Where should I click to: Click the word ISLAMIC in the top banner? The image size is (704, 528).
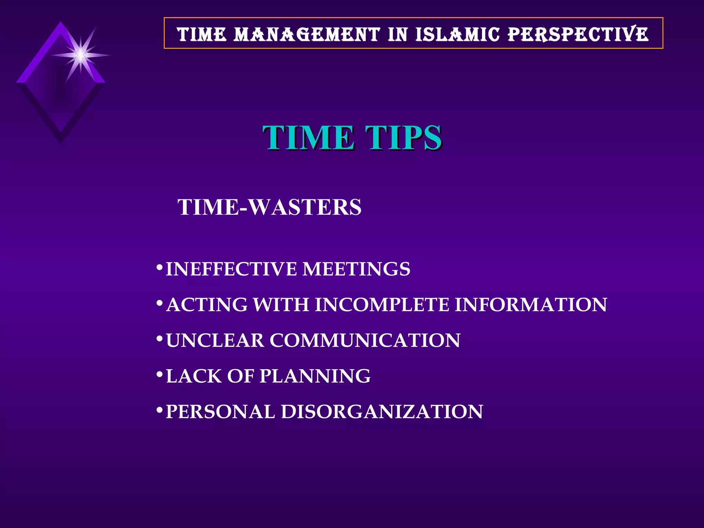coord(457,34)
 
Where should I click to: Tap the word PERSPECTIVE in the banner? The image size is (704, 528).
coord(578,34)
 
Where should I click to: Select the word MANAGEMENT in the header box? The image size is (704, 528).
coord(307,35)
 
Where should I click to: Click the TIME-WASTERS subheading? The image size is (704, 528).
coord(269,207)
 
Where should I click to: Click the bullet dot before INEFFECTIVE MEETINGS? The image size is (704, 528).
coord(159,267)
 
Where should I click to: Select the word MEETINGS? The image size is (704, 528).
coord(356,269)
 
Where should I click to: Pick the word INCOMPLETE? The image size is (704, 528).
coord(382,305)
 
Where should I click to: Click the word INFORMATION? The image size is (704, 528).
coord(531,305)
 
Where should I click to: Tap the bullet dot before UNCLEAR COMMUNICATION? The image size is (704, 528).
coord(159,339)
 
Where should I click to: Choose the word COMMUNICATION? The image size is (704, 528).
coord(365,340)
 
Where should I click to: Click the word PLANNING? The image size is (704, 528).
coord(315,376)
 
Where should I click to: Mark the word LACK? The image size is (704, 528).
coord(194,376)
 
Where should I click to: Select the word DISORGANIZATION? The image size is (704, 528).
coord(382,412)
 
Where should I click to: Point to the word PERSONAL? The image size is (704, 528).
coord(220,412)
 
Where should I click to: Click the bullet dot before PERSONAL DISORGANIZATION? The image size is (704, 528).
coord(159,410)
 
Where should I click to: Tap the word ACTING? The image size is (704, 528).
coord(207,305)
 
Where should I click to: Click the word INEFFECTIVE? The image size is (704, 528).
coord(231,269)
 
